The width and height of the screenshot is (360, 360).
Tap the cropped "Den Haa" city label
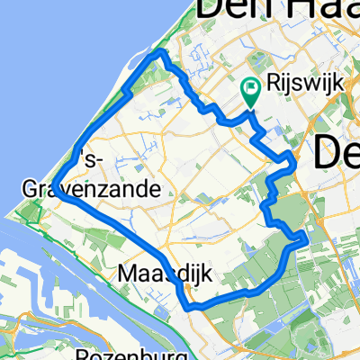tap(261, 11)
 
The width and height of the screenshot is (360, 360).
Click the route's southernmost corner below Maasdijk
tap(191, 308)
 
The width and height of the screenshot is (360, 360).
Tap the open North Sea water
tap(45, 72)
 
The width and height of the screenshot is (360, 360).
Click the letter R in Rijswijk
tap(274, 83)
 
